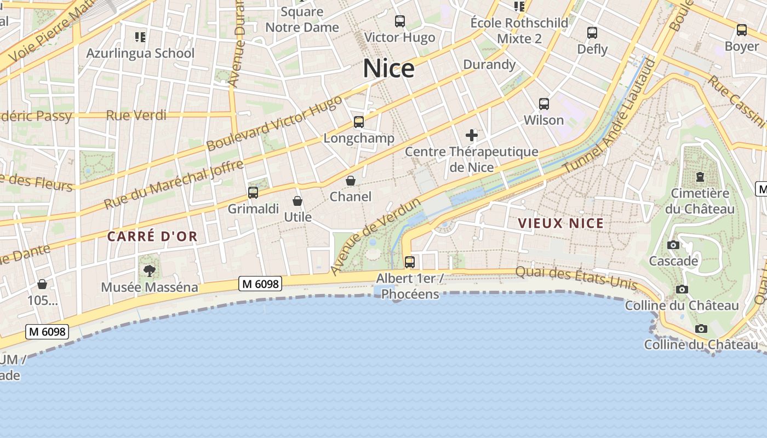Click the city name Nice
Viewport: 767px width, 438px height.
(388, 68)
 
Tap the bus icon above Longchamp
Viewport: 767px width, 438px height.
(359, 122)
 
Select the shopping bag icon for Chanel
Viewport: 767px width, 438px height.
(351, 181)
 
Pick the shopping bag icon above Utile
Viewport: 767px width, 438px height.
(297, 201)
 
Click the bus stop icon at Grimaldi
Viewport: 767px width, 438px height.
(253, 193)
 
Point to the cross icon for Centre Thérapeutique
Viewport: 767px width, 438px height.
(471, 135)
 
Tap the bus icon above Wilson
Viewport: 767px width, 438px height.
(543, 104)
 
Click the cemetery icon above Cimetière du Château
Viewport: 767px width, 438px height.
(700, 177)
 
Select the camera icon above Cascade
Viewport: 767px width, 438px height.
(673, 245)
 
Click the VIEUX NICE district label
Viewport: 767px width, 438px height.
(560, 223)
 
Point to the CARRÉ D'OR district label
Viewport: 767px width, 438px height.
(152, 237)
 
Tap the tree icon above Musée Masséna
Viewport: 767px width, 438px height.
(149, 270)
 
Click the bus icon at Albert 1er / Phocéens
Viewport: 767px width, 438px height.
(409, 262)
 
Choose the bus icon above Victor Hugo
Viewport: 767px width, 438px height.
(400, 21)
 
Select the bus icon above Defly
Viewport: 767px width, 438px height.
(592, 33)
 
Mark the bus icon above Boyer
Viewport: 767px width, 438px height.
(741, 30)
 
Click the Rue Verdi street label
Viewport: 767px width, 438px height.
(136, 115)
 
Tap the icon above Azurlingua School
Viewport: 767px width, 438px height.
(140, 37)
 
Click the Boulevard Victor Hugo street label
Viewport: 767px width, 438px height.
(274, 123)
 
